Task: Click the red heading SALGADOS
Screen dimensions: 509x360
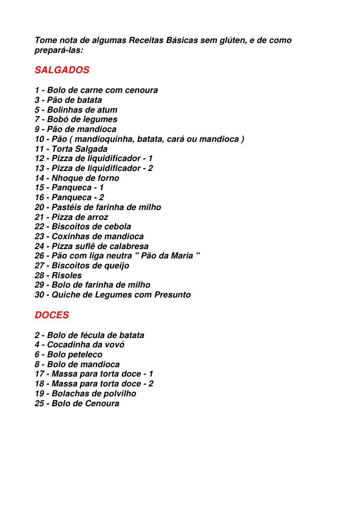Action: (x=62, y=70)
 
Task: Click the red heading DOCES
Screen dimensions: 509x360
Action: (x=52, y=315)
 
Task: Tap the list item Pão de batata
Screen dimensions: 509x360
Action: (x=68, y=100)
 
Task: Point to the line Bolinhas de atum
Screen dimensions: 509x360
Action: (x=76, y=110)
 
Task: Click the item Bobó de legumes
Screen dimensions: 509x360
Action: (x=76, y=119)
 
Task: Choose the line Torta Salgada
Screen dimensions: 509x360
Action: (x=71, y=148)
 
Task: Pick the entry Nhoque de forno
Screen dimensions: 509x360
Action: (x=77, y=178)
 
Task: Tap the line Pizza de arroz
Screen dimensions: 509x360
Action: (x=71, y=217)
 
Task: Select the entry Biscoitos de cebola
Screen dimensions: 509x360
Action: (x=83, y=227)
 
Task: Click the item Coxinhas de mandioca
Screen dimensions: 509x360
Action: (x=89, y=236)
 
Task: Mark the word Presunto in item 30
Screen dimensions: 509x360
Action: (x=173, y=295)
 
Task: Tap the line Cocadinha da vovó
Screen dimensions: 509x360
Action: (x=79, y=344)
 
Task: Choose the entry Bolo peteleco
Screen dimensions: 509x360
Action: (x=68, y=354)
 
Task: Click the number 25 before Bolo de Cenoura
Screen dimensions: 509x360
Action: (x=39, y=403)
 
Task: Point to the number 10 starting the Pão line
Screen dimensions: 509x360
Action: (x=39, y=139)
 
